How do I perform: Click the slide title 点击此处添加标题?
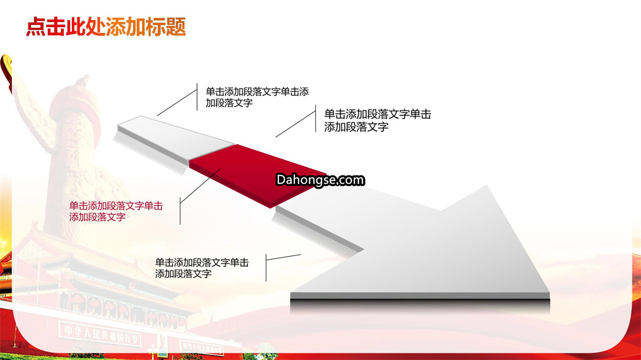pos(106,27)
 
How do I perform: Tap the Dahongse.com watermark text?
pos(320,180)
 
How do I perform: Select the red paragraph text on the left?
pos(116,211)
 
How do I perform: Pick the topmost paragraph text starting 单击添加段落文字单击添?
pos(257,97)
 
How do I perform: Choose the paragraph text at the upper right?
pos(377,120)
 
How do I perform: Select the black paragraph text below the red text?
pos(202,268)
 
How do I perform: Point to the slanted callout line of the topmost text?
pos(177,103)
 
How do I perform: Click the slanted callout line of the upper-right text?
pos(296,124)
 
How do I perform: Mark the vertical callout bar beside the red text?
pos(180,211)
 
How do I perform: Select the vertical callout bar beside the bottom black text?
pos(266,267)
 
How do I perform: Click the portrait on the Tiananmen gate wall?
pos(163,345)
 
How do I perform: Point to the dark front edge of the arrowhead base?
pos(420,301)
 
